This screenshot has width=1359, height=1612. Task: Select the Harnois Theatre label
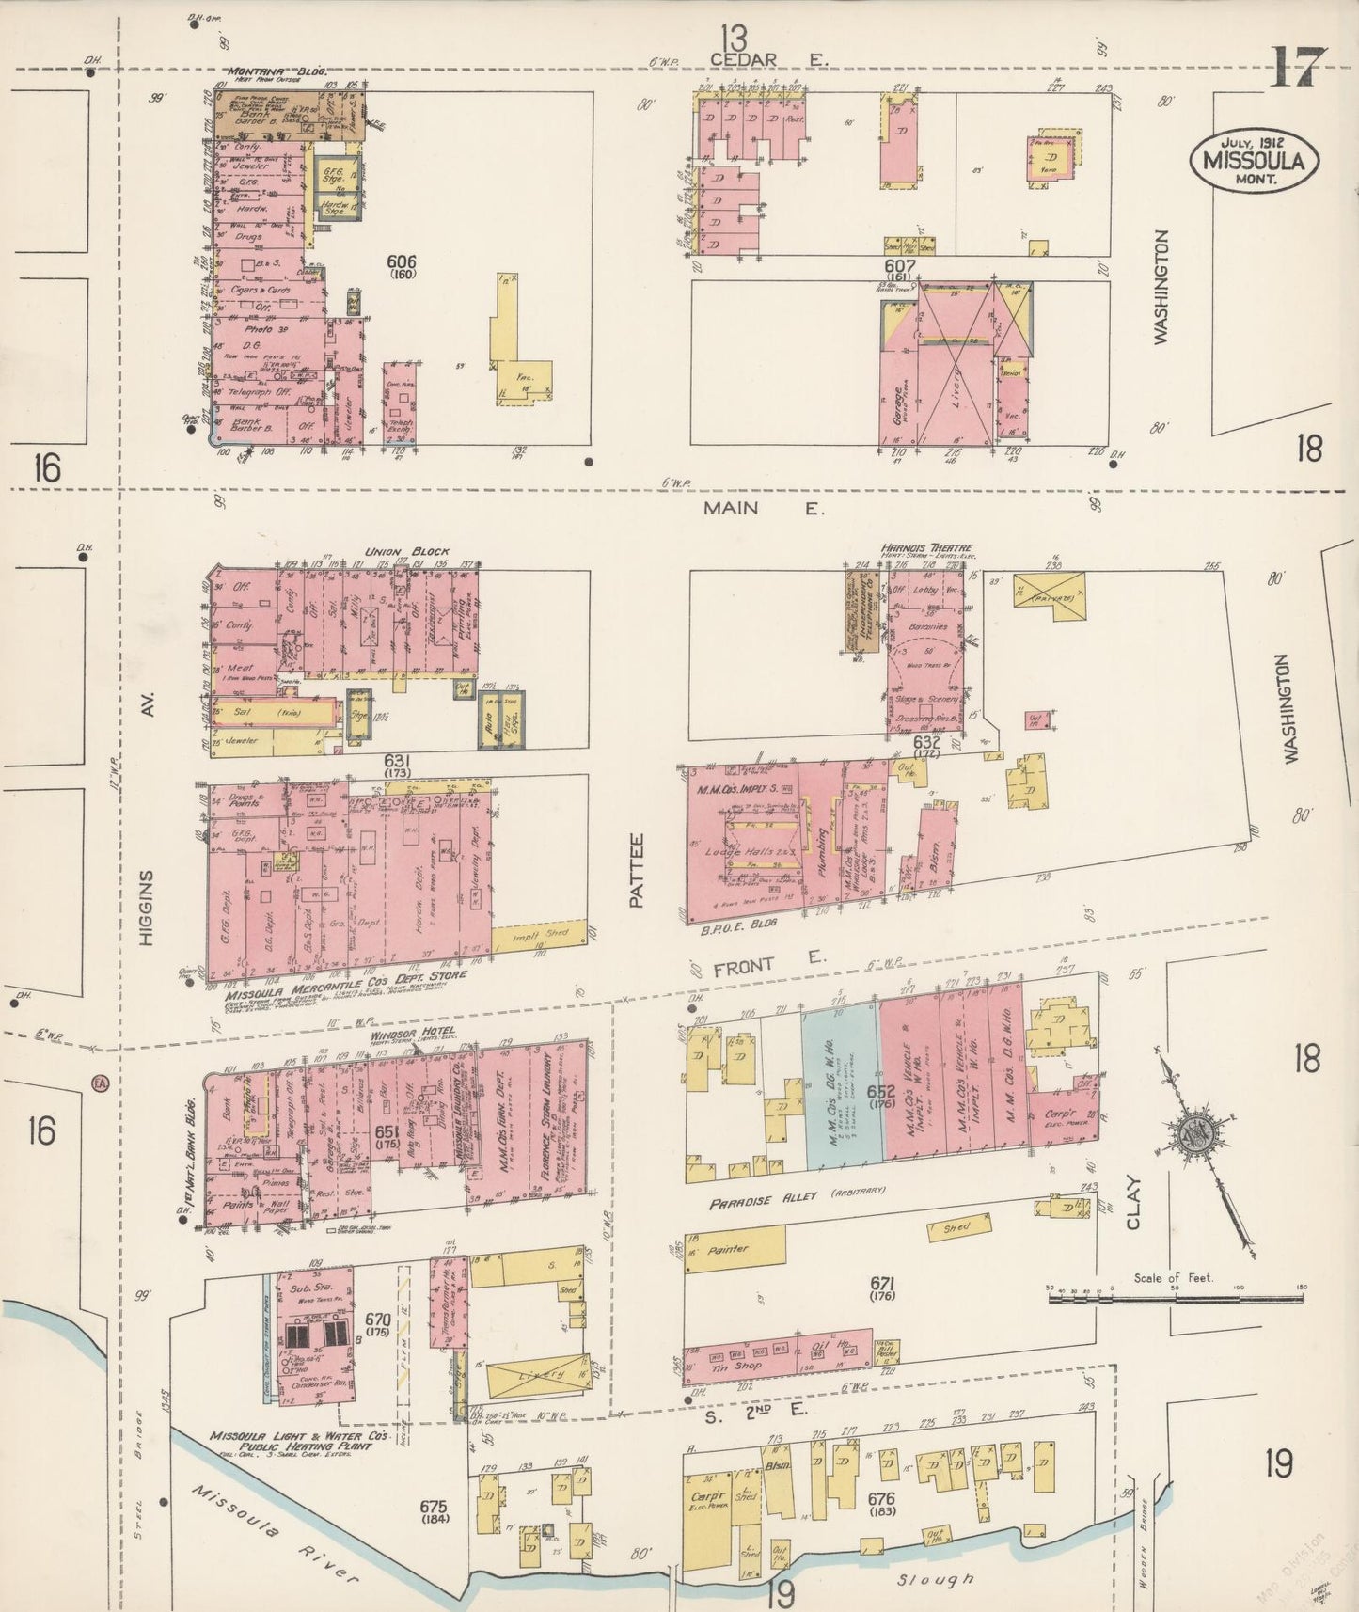926,547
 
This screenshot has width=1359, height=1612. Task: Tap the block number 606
405,262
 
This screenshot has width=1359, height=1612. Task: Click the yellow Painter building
735,1249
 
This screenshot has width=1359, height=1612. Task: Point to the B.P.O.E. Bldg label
724,925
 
